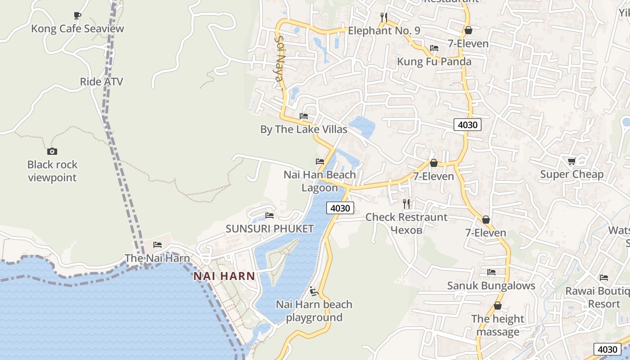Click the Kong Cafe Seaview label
coord(77,29)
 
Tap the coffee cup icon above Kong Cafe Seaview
coord(77,16)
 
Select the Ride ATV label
coord(101,82)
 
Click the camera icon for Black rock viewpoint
coord(52,151)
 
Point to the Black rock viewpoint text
coord(52,171)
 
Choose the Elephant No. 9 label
coord(384,31)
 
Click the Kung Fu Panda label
coord(434,62)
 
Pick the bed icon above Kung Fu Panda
coord(434,48)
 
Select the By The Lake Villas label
coord(304,130)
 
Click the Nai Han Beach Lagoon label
coord(319,181)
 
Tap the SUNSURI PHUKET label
coord(270,229)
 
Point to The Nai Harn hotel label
coord(157,258)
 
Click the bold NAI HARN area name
coord(224,276)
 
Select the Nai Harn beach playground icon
coord(314,292)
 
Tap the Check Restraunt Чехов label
coord(406,223)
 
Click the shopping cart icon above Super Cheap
coord(571,161)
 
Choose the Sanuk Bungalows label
coord(491,286)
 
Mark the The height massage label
coord(498,325)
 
